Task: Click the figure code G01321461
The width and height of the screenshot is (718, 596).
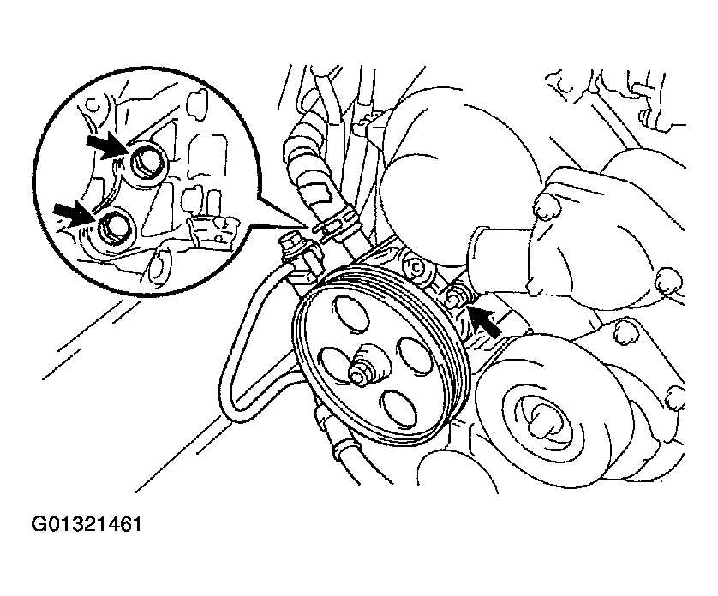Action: coord(87,524)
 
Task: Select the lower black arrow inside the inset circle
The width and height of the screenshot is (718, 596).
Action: coord(75,215)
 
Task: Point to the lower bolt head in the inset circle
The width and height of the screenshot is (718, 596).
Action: coord(111,227)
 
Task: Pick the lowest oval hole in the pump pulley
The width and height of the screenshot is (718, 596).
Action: coord(398,408)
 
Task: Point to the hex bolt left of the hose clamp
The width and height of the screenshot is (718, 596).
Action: coord(290,244)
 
